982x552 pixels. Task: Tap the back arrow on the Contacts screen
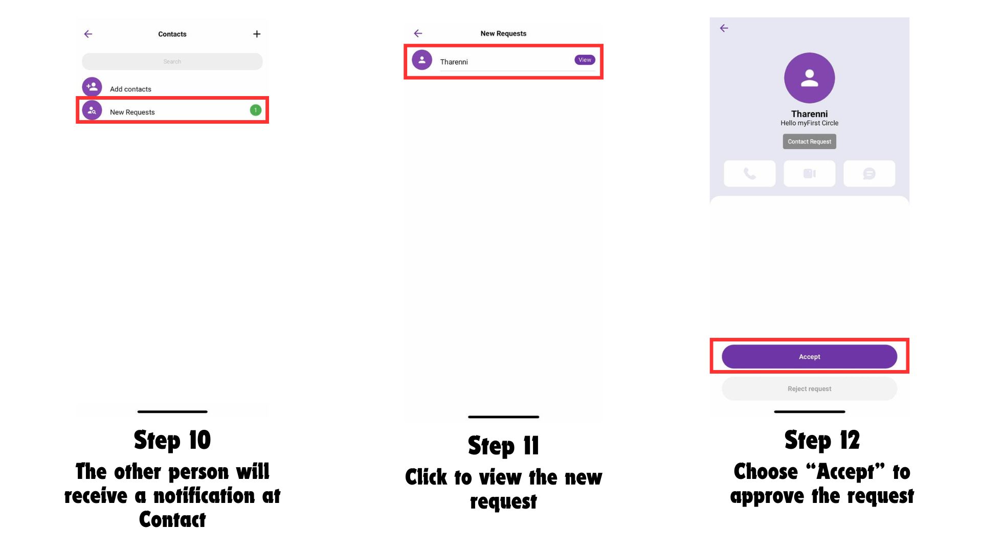tap(88, 34)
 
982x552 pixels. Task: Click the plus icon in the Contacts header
tap(257, 34)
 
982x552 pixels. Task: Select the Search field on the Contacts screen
tap(172, 61)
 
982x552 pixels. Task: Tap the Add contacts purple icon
tap(92, 87)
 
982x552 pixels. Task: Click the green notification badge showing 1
tap(256, 110)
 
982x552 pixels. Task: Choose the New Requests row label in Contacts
tap(132, 112)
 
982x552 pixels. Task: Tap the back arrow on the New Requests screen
tap(418, 33)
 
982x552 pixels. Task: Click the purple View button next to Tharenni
tap(585, 60)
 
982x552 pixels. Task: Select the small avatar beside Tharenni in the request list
tap(422, 60)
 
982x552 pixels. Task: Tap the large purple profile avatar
tap(810, 78)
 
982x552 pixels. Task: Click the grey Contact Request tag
tap(810, 142)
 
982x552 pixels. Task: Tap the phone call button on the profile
tap(750, 173)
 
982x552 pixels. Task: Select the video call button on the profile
tap(810, 173)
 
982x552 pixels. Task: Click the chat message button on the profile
tap(869, 173)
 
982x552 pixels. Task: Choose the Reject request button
tap(810, 389)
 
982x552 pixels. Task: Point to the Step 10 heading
tap(172, 440)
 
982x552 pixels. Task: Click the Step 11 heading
tap(503, 446)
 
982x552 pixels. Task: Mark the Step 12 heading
tap(822, 440)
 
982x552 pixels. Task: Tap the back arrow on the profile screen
tap(724, 28)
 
